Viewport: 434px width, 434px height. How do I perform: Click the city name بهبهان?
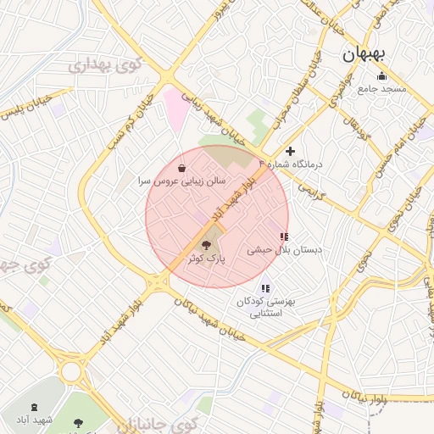pyautogui.click(x=364, y=54)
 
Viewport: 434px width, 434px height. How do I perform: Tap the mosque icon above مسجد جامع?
pyautogui.click(x=381, y=76)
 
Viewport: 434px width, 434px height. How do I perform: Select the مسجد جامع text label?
pyautogui.click(x=381, y=88)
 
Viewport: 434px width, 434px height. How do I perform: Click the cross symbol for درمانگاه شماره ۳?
pyautogui.click(x=291, y=151)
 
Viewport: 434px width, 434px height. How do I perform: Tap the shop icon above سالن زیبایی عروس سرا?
pyautogui.click(x=182, y=168)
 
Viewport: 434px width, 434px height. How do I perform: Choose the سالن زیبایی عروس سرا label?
pyautogui.click(x=182, y=181)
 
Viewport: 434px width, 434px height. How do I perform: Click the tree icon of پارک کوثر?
pyautogui.click(x=207, y=243)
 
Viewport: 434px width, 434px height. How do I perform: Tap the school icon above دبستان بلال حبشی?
pyautogui.click(x=283, y=237)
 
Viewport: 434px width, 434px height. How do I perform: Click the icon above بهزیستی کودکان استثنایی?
pyautogui.click(x=266, y=288)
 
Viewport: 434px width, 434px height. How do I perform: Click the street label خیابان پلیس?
pyautogui.click(x=28, y=108)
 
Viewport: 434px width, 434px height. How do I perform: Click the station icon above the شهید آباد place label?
pyautogui.click(x=34, y=408)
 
